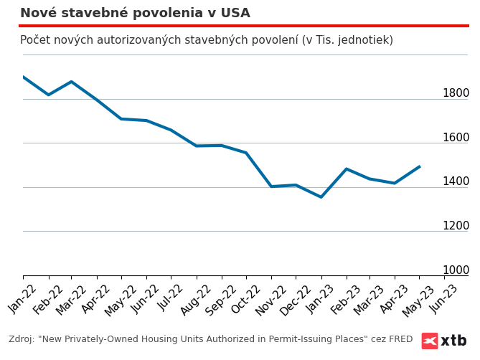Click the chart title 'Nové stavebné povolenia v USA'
coord(135,13)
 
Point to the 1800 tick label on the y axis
coord(456,93)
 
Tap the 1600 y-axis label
coord(456,138)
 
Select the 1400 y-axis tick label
coord(456,181)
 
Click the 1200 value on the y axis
coord(456,226)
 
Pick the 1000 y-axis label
coord(456,270)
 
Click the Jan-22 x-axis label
coord(23,298)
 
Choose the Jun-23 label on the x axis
coord(445,298)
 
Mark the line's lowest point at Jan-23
coord(321,197)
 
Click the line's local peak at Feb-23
coord(346,169)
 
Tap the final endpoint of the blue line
coord(420,166)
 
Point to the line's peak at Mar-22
coord(71,82)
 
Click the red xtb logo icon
coord(430,341)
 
